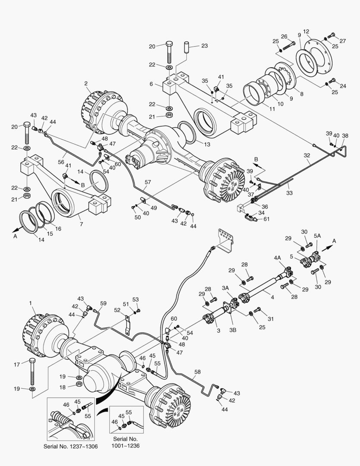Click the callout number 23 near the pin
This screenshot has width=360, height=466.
pyautogui.click(x=204, y=46)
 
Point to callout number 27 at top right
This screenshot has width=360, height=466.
pyautogui.click(x=343, y=41)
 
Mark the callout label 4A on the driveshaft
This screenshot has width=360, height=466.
pyautogui.click(x=278, y=258)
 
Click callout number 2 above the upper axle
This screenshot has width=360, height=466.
pyautogui.click(x=86, y=83)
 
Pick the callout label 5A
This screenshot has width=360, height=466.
pyautogui.click(x=317, y=236)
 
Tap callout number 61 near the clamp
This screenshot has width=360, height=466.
pyautogui.click(x=267, y=219)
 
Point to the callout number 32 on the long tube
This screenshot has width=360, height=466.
pyautogui.click(x=307, y=155)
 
